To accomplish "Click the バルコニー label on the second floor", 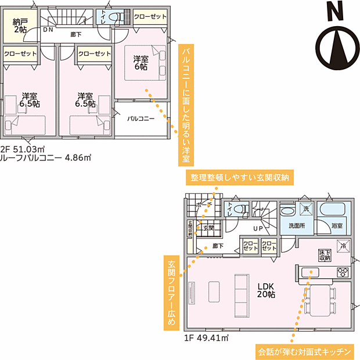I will [x=141, y=118].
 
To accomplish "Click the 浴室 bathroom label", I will [x=337, y=226].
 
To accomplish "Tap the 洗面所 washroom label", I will [x=293, y=226].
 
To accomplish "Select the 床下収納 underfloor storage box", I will [x=325, y=255].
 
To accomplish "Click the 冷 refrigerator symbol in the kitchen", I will [x=343, y=246].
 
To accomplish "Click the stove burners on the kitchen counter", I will [x=343, y=272].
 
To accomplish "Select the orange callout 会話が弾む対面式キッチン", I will [x=304, y=351].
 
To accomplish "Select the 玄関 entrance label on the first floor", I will [x=209, y=228].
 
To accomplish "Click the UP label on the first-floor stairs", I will [x=257, y=228].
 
